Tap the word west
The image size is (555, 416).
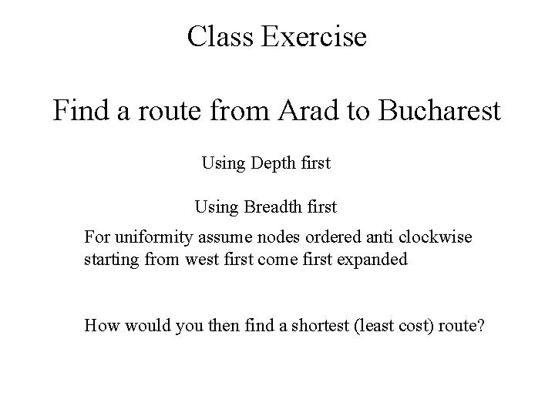click(x=201, y=260)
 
